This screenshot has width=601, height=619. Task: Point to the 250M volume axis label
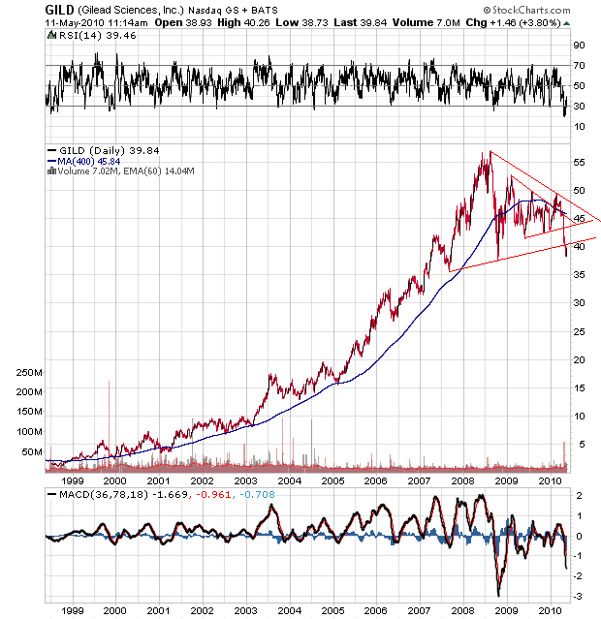point(27,372)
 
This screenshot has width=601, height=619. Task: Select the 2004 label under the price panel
point(289,480)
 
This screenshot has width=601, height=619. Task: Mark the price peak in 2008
point(490,151)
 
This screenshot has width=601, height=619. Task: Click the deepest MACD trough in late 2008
point(498,595)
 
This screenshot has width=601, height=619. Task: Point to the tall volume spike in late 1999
point(110,382)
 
